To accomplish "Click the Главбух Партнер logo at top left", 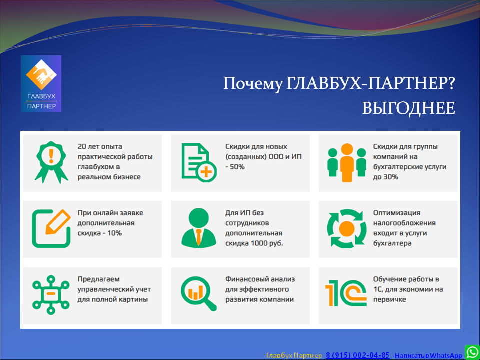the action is click(x=41, y=83).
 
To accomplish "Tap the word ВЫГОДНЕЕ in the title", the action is click(x=408, y=108).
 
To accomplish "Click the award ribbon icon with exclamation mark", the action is click(x=51, y=162).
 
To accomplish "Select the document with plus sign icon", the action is click(x=199, y=162).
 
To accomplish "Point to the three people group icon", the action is click(x=347, y=162).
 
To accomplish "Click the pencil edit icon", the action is click(x=51, y=228).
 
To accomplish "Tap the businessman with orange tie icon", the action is click(x=199, y=227).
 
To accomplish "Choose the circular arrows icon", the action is click(x=347, y=228).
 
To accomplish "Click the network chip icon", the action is click(x=51, y=295).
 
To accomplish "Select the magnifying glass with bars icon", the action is click(x=198, y=294).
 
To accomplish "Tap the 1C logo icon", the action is click(x=346, y=293).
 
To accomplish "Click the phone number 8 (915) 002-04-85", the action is click(x=358, y=355).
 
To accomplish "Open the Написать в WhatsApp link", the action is click(x=428, y=355).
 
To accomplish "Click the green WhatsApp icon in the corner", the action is click(x=472, y=352).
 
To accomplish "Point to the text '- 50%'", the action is click(x=235, y=167).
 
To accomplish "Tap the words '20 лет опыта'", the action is click(x=100, y=147).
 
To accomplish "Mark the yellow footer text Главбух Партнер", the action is click(x=294, y=355).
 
